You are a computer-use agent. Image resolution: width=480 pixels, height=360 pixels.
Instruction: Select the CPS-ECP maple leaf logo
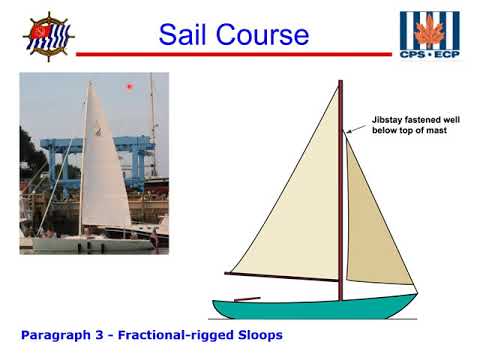431,33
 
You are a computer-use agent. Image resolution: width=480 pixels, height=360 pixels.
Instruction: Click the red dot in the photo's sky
129,87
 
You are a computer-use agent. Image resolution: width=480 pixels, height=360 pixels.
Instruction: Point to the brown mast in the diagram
341,200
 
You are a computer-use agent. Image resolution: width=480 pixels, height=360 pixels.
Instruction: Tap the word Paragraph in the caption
56,334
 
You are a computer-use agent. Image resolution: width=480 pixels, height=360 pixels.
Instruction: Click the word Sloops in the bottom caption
255,334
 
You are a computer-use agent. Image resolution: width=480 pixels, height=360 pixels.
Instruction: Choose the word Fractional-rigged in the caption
172,334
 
